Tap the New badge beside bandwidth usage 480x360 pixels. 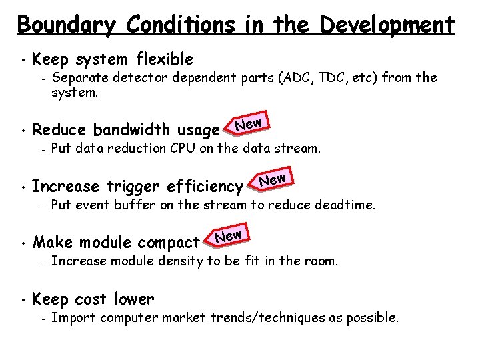[249, 123]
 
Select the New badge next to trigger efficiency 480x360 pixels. [272, 179]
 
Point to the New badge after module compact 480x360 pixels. [228, 235]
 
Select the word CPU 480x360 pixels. [181, 148]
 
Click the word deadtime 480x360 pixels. [347, 205]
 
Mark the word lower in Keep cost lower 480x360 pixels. [134, 299]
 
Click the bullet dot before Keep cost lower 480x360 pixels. [22, 301]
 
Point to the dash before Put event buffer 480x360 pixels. [42, 205]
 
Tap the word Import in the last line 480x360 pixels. [71, 318]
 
